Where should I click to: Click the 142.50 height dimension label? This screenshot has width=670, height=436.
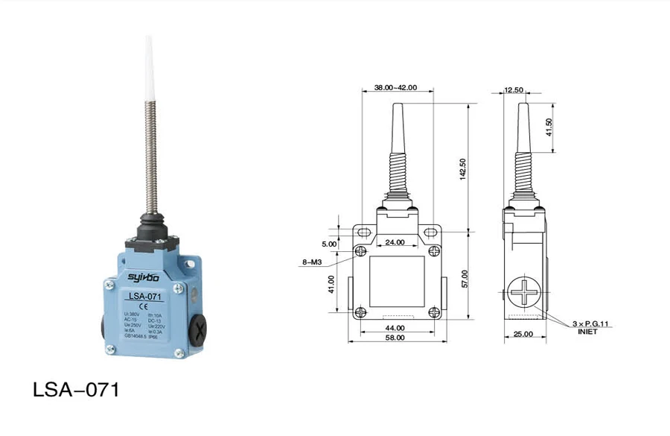463,169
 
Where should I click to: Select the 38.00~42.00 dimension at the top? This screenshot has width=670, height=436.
395,87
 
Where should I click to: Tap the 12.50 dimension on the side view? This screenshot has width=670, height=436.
514,90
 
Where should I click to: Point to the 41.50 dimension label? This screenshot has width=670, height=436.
549,127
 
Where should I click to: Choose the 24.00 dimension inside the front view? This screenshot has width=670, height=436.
395,241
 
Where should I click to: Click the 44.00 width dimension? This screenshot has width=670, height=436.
395,327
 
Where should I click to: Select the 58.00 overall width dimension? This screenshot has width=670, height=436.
395,338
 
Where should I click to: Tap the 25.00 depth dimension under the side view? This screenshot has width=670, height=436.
523,334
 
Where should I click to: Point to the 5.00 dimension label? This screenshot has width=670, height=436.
329,244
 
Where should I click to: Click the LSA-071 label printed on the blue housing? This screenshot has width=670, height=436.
142,297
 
